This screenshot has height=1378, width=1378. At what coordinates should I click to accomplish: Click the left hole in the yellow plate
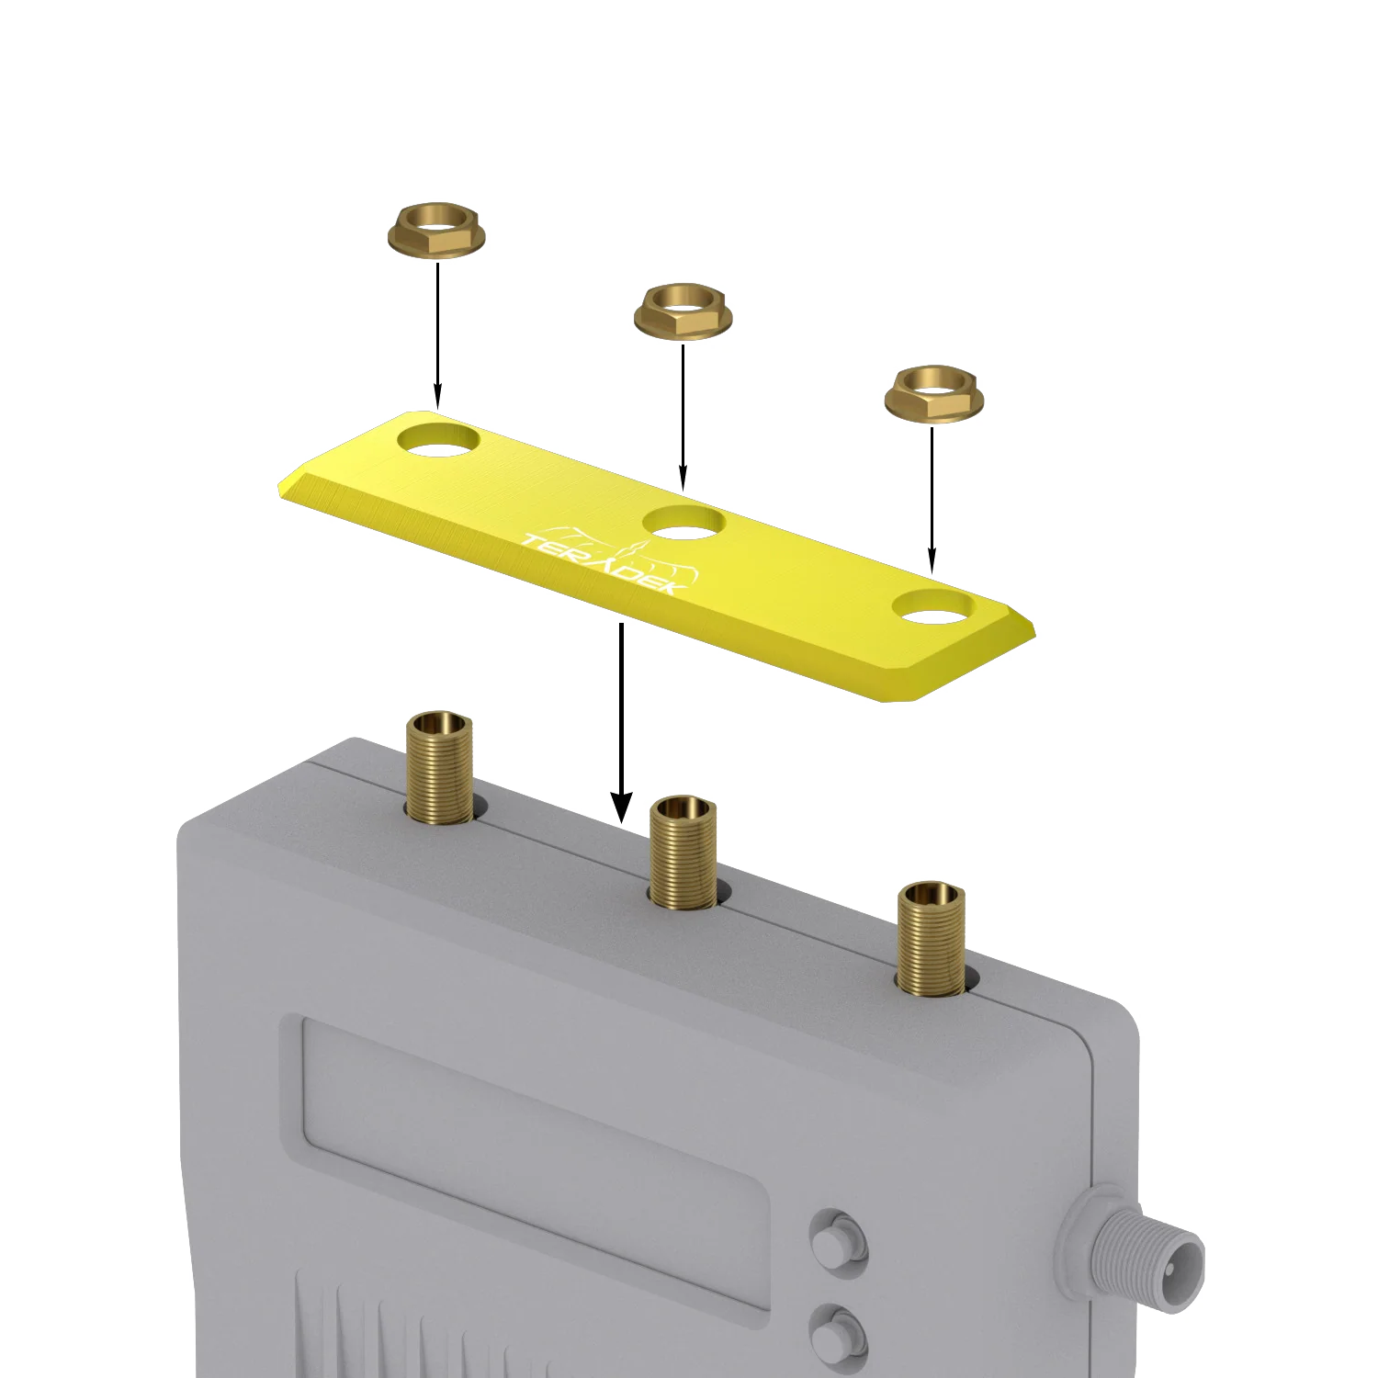point(439,440)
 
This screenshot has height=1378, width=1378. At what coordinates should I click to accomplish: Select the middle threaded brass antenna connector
point(683,852)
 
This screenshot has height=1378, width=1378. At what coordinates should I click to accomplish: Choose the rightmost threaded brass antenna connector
point(932,937)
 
